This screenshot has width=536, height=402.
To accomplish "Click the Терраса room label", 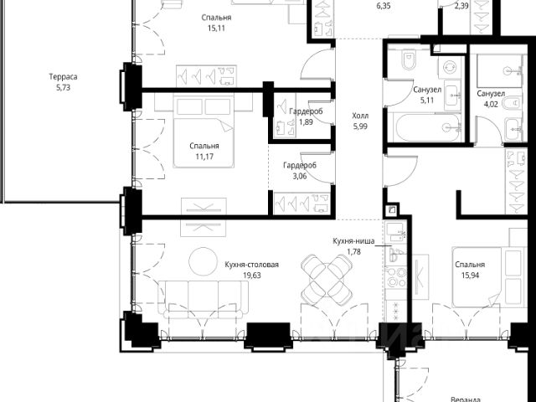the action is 63,76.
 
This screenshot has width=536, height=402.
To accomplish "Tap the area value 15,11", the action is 216,28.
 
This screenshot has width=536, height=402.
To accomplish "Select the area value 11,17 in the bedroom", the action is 204,157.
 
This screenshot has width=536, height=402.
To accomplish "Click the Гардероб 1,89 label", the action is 306,116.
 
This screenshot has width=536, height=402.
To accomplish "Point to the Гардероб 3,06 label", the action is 300,171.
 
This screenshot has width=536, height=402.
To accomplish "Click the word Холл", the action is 360,116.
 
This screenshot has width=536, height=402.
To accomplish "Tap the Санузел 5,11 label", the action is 427,95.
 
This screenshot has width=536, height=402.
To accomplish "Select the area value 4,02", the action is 491,104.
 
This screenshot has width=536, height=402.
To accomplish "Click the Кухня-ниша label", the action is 353,241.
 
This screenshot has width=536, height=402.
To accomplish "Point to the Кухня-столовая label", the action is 251,265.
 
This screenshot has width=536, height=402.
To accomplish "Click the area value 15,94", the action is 470,276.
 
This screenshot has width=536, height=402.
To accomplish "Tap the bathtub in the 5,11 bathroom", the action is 427,127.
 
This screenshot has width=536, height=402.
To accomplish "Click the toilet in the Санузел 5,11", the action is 409,59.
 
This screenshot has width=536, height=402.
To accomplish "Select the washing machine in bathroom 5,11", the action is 449,66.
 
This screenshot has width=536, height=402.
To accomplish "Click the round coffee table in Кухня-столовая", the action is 203,261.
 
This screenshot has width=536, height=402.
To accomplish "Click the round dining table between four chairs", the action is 327,280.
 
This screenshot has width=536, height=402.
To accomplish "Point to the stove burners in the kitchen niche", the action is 395,277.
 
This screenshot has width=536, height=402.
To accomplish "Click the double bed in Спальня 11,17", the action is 204,131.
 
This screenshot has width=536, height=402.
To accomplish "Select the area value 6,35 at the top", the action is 384,6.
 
